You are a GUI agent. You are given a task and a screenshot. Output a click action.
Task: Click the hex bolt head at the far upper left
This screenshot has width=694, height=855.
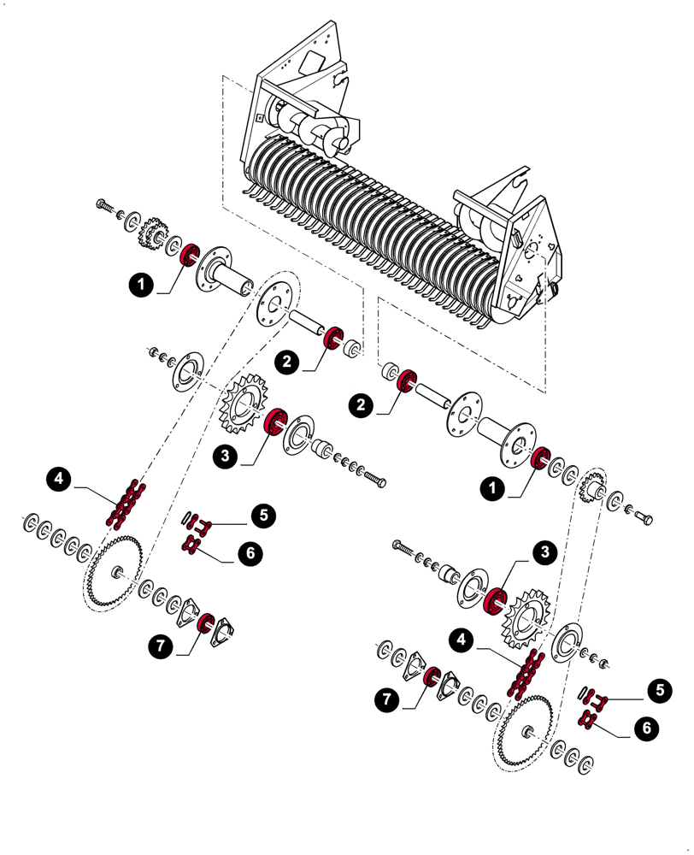coord(103,204)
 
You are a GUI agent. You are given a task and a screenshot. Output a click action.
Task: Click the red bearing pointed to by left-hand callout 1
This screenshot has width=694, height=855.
coord(190,254)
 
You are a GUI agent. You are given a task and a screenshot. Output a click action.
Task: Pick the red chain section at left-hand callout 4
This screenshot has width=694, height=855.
coord(125,504)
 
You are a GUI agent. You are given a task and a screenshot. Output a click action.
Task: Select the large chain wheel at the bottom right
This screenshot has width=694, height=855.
coord(524,731)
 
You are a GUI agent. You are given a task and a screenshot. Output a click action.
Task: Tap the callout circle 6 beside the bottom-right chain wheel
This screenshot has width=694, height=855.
coord(646,728)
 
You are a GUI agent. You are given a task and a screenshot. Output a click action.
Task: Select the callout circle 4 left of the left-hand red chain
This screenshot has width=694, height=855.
coord(58,480)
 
